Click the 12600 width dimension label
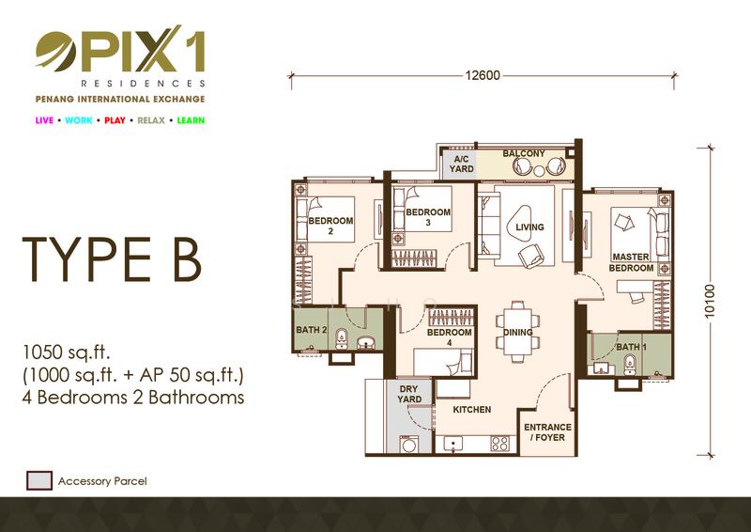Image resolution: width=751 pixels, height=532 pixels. coord(483,75)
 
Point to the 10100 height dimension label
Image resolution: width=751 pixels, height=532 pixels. coord(710,301)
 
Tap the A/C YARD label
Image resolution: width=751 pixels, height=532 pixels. coord(461,164)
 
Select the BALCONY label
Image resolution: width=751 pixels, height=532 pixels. coord(524,153)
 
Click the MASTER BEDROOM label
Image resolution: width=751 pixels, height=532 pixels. coord(631,262)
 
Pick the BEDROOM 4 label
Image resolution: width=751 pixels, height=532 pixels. coord(450,337)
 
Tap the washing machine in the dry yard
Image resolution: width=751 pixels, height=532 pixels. coord(409,445)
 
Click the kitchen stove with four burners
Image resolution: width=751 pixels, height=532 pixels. coord(500,444)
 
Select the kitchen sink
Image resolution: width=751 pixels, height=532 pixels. coord(452,444)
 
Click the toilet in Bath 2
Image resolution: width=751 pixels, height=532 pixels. coord(341,338)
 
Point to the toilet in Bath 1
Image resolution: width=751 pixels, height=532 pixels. coord(630,366)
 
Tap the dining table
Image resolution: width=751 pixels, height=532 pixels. coord(517,331)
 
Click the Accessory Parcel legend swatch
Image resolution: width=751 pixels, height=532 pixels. coord(39,480)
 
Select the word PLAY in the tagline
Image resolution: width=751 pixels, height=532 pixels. coord(115,120)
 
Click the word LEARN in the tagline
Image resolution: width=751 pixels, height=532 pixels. coord(191,120)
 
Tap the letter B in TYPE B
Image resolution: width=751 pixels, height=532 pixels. coord(187,259)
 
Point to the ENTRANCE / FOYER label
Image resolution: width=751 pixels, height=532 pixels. coord(547,432)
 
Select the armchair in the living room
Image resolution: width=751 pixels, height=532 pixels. coord(530,256)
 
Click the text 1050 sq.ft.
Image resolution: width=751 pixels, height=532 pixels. coord(66,353)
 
